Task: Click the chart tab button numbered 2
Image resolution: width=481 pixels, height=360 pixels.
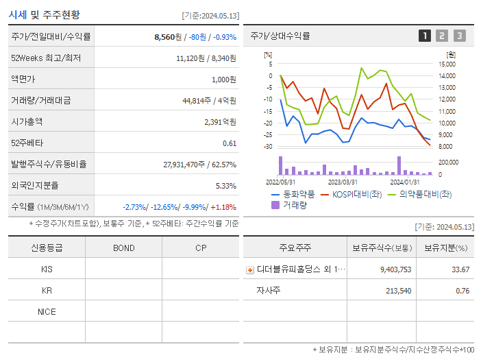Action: (x=442, y=36)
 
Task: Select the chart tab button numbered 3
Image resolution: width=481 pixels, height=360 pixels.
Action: (x=459, y=36)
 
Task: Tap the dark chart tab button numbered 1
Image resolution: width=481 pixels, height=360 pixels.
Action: (x=425, y=36)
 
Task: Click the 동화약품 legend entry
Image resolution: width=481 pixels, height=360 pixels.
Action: (x=293, y=194)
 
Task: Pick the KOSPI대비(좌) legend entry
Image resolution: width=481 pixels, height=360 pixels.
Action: (x=350, y=194)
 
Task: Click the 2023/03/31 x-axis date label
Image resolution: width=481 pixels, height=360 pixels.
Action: (x=343, y=182)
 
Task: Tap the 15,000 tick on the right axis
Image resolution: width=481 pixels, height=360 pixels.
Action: (x=447, y=64)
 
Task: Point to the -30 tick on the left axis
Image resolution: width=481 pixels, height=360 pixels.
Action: (x=268, y=147)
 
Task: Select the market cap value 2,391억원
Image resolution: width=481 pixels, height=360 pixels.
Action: (x=220, y=121)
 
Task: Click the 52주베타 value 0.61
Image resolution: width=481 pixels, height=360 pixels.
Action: (x=230, y=143)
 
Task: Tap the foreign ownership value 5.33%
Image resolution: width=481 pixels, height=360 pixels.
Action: (x=225, y=185)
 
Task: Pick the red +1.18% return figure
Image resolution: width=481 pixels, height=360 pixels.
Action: (x=224, y=206)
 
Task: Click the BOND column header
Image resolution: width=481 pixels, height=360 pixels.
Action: (x=123, y=248)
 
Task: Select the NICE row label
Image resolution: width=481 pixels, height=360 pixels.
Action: (x=47, y=311)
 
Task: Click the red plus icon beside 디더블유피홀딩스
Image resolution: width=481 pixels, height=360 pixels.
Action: (x=250, y=269)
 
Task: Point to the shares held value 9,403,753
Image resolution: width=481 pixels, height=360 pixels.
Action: (x=395, y=269)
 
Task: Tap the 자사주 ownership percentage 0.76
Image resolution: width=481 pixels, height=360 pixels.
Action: (x=462, y=291)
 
